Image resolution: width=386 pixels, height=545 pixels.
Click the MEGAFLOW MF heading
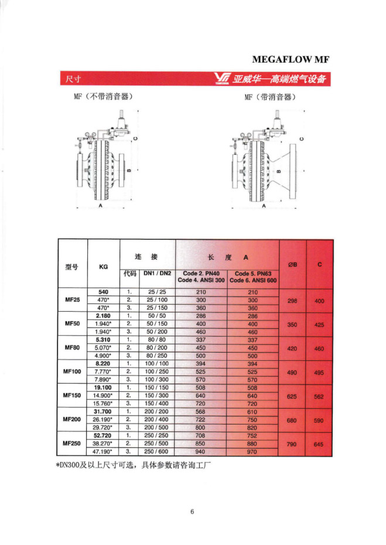point(291,59)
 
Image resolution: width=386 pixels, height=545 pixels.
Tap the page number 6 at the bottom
point(192,513)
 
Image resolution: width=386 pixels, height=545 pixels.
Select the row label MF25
point(71,299)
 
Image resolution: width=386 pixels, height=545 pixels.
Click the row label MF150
point(71,395)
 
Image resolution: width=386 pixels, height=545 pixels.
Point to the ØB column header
point(292,265)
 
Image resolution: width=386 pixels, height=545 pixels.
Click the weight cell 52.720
point(103,435)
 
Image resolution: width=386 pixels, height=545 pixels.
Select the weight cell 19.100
point(103,387)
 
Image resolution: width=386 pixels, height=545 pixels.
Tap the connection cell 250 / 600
point(157,451)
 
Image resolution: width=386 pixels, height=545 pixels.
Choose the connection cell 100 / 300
point(157,379)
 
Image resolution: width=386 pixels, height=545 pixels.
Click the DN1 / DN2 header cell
point(157,273)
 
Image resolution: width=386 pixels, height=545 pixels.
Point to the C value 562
point(319,396)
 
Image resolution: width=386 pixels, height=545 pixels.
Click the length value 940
point(201,451)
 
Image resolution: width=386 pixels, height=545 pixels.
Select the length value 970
point(253,451)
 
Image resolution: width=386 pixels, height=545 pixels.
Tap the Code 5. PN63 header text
point(253,273)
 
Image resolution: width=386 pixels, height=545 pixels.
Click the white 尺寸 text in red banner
point(73,78)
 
